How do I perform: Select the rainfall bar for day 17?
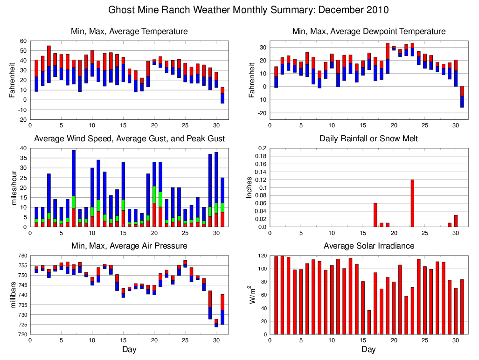pyautogui.click(x=375, y=215)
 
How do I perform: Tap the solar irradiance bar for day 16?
pyautogui.click(x=369, y=322)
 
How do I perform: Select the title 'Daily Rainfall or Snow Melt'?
pyautogui.click(x=368, y=138)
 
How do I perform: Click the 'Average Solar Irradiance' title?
pyautogui.click(x=368, y=246)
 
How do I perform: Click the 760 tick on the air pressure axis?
pyautogui.click(x=21, y=256)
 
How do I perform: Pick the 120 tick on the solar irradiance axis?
pyautogui.click(x=261, y=256)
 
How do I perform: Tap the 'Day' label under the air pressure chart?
pyautogui.click(x=129, y=349)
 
